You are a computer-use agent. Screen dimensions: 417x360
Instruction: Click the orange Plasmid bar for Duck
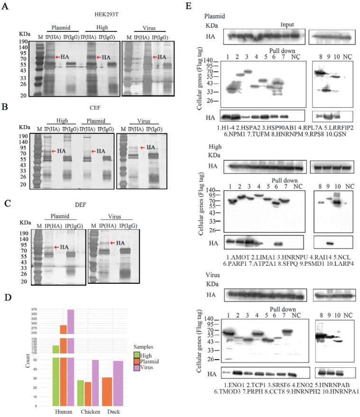[108, 391]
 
